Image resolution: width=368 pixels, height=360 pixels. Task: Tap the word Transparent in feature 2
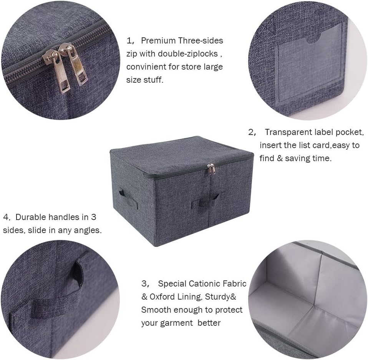(288, 133)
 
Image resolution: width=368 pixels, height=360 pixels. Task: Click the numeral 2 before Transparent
(252, 133)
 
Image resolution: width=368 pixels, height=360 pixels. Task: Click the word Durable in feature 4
(30, 217)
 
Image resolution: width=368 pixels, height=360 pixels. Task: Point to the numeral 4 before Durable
(6, 217)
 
